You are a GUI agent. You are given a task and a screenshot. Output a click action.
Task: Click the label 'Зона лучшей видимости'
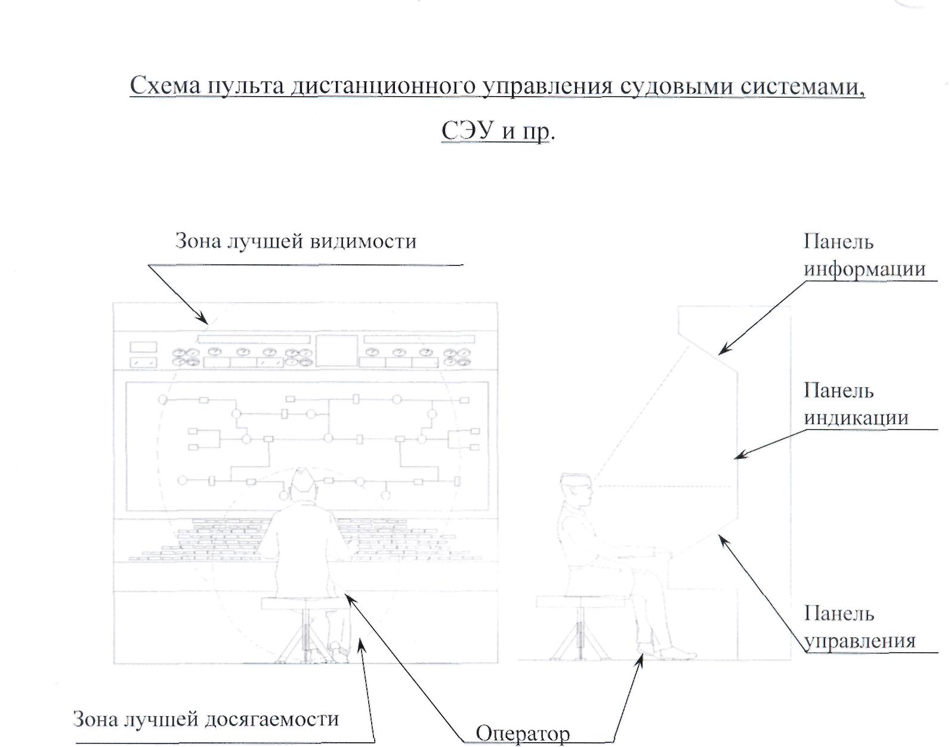pyautogui.click(x=295, y=242)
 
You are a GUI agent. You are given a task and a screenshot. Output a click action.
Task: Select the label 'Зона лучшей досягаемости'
pyautogui.click(x=205, y=719)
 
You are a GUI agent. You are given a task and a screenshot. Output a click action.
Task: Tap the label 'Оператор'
pyautogui.click(x=523, y=733)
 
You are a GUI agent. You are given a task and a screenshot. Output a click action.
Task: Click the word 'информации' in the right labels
pyautogui.click(x=864, y=269)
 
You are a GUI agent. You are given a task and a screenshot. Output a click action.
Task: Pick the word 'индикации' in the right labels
pyautogui.click(x=856, y=418)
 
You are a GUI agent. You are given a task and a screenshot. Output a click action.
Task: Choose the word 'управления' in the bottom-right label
pyautogui.click(x=860, y=641)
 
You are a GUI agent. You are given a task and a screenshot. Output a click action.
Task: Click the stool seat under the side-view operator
pyautogui.click(x=581, y=601)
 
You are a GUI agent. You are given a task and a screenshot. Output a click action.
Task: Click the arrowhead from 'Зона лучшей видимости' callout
pyautogui.click(x=206, y=322)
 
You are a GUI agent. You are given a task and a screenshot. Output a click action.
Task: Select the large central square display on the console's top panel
pyautogui.click(x=337, y=351)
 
